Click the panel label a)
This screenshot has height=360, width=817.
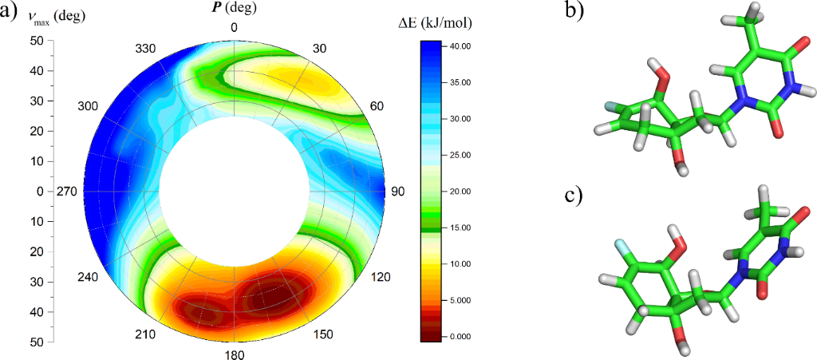pos(10,14)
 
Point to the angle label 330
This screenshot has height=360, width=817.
pos(145,49)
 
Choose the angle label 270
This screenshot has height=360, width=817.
pos(67,192)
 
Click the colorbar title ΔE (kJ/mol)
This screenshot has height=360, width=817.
pos(435,23)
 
